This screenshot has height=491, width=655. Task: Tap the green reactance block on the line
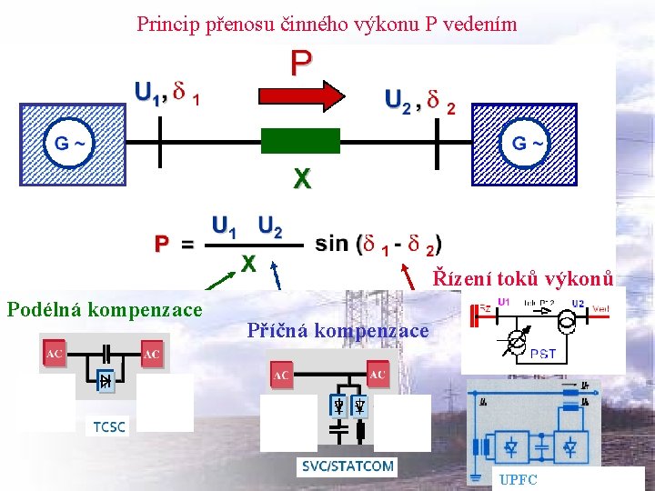(300, 141)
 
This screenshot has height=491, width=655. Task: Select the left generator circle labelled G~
(71, 143)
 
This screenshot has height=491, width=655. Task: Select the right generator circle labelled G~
(529, 143)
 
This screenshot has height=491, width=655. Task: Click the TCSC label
(108, 426)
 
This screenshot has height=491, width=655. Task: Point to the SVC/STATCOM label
(347, 466)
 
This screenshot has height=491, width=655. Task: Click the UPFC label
(519, 479)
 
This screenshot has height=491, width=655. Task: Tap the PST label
(542, 354)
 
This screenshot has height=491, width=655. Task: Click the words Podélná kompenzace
(105, 310)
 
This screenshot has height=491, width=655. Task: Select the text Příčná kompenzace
(338, 331)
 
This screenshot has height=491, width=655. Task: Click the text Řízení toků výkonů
(524, 277)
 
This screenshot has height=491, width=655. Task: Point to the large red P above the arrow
(301, 63)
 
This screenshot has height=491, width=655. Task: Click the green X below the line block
(301, 179)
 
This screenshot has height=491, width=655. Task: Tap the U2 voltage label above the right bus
(397, 99)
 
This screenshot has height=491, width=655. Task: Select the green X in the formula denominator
(247, 263)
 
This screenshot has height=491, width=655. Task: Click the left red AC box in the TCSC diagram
(54, 354)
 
